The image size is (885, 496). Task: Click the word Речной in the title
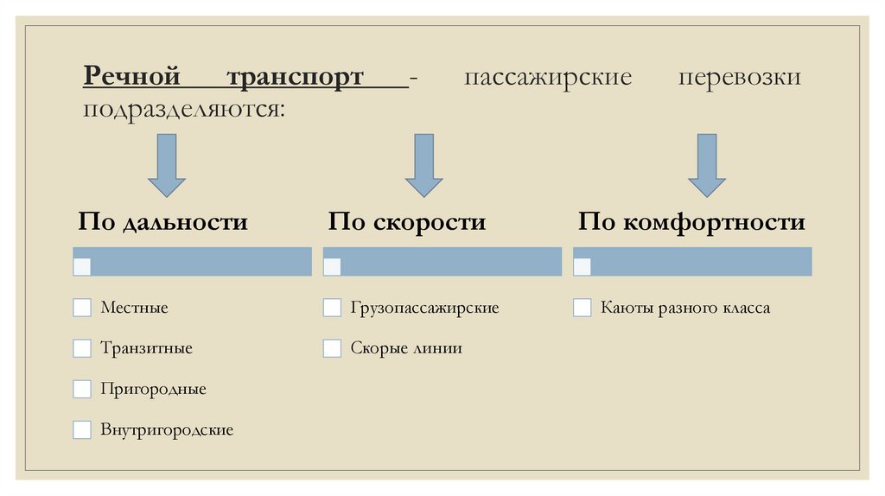[131, 78]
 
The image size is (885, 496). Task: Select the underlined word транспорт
[296, 78]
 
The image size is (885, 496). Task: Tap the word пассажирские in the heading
[548, 78]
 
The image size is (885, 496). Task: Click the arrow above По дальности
[166, 164]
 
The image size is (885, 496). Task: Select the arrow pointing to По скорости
[423, 164]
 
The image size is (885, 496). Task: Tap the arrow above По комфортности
[707, 164]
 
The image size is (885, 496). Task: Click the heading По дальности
[162, 222]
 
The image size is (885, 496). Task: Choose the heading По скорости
[406, 222]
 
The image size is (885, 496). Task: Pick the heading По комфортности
[691, 222]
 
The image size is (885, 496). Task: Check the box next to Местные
[82, 308]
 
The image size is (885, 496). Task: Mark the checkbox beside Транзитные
[82, 348]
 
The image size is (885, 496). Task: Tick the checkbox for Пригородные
[82, 389]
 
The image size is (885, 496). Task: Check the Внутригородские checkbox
[82, 429]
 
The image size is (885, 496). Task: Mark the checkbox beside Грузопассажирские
[332, 308]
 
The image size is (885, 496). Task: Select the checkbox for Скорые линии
[332, 348]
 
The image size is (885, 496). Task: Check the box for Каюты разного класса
[583, 308]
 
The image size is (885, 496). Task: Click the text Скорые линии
[406, 348]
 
